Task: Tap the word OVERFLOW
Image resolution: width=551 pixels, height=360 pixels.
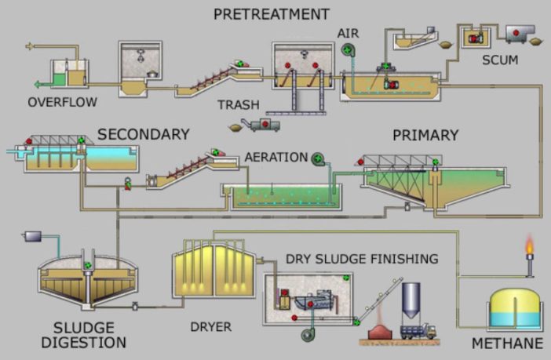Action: pos(62,102)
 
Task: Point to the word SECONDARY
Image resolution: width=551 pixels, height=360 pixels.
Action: pos(144,134)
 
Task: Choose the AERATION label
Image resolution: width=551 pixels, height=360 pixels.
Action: pos(275,157)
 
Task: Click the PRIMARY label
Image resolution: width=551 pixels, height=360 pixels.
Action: pos(425,135)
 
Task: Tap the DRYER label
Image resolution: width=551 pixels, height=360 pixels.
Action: pos(210,324)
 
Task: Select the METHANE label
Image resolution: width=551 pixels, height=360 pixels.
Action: pos(507,344)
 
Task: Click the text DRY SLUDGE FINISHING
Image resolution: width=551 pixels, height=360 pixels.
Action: pos(361,258)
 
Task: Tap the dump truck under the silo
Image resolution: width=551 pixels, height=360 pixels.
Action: pos(418,330)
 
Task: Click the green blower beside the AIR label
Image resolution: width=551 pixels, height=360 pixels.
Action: pos(347,50)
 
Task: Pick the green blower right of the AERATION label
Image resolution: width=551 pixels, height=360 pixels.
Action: pos(319,158)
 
